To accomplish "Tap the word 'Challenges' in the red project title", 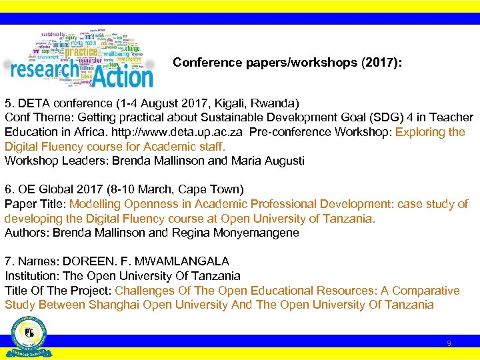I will [x=145, y=291].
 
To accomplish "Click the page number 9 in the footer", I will [x=449, y=343].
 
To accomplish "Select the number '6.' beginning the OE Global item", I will [x=10, y=190].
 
